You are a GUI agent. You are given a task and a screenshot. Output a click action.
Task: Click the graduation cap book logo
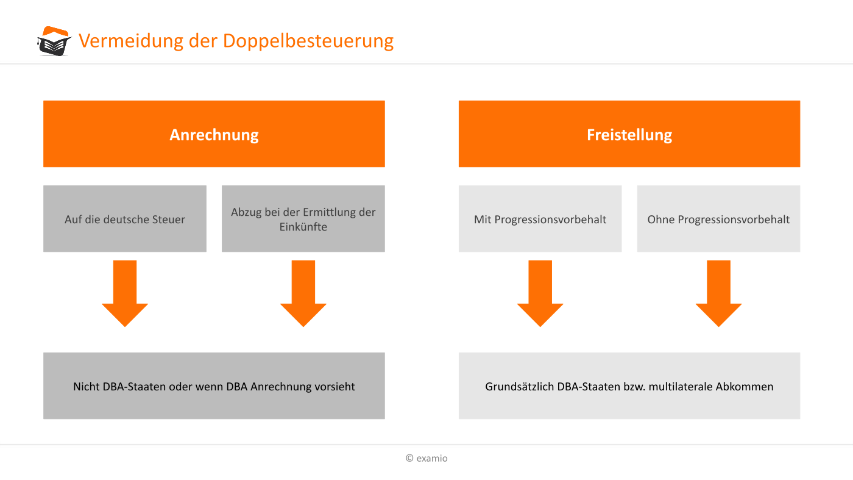coord(54,41)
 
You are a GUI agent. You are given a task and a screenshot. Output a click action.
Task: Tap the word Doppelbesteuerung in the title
coord(308,41)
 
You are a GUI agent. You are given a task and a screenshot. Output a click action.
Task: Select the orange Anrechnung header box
coord(214,134)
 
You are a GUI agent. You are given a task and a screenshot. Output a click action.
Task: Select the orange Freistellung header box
coord(629,134)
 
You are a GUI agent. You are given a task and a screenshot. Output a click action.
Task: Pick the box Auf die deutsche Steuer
coord(125,218)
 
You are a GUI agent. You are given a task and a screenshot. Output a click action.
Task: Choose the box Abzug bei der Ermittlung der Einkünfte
coord(303,218)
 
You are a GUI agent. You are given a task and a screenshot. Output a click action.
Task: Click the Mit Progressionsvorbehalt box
coord(540,218)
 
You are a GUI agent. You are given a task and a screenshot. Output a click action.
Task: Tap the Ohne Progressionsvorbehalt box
coord(718,218)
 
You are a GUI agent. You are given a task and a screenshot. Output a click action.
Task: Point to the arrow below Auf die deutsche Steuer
coord(125,293)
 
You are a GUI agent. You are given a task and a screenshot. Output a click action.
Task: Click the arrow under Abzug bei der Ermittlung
coord(303,293)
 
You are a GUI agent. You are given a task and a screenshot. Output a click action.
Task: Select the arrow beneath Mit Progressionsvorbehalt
coord(540,293)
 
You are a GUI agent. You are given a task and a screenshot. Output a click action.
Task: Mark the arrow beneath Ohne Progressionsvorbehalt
coord(718,293)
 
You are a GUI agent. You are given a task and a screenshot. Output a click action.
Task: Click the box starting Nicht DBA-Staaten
coord(214,386)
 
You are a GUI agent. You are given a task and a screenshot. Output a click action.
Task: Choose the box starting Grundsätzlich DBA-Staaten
coord(629,386)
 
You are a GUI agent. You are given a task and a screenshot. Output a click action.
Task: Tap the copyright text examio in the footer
coord(426,458)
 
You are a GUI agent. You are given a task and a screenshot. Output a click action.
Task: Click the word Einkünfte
coord(303,227)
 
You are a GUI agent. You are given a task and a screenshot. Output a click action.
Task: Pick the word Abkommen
coord(745,387)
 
